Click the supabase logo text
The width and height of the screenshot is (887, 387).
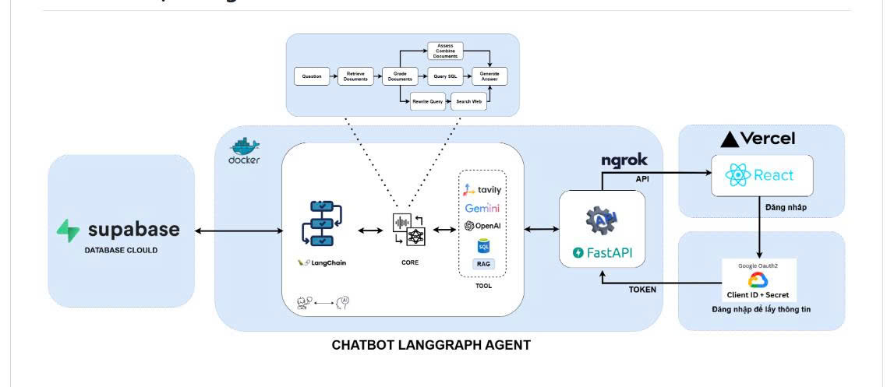tap(133, 230)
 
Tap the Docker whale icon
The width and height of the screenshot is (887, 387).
tap(245, 146)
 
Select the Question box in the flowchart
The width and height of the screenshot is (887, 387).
tap(312, 76)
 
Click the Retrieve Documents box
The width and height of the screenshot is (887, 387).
tap(355, 76)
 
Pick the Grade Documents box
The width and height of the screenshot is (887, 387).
tap(399, 76)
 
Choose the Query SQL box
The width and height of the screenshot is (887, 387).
tap(445, 76)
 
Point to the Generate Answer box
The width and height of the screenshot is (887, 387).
tap(489, 76)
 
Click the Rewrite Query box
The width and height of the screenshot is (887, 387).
tap(428, 102)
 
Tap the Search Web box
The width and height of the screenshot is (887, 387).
tap(466, 102)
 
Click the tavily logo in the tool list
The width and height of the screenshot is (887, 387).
tap(482, 189)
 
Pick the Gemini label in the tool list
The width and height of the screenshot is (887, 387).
tap(482, 208)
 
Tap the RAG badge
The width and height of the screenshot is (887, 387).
tap(482, 264)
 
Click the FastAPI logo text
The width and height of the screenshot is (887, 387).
tap(602, 252)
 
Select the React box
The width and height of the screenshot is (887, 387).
tap(762, 175)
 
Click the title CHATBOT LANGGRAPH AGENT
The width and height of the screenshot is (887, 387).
tap(431, 345)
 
